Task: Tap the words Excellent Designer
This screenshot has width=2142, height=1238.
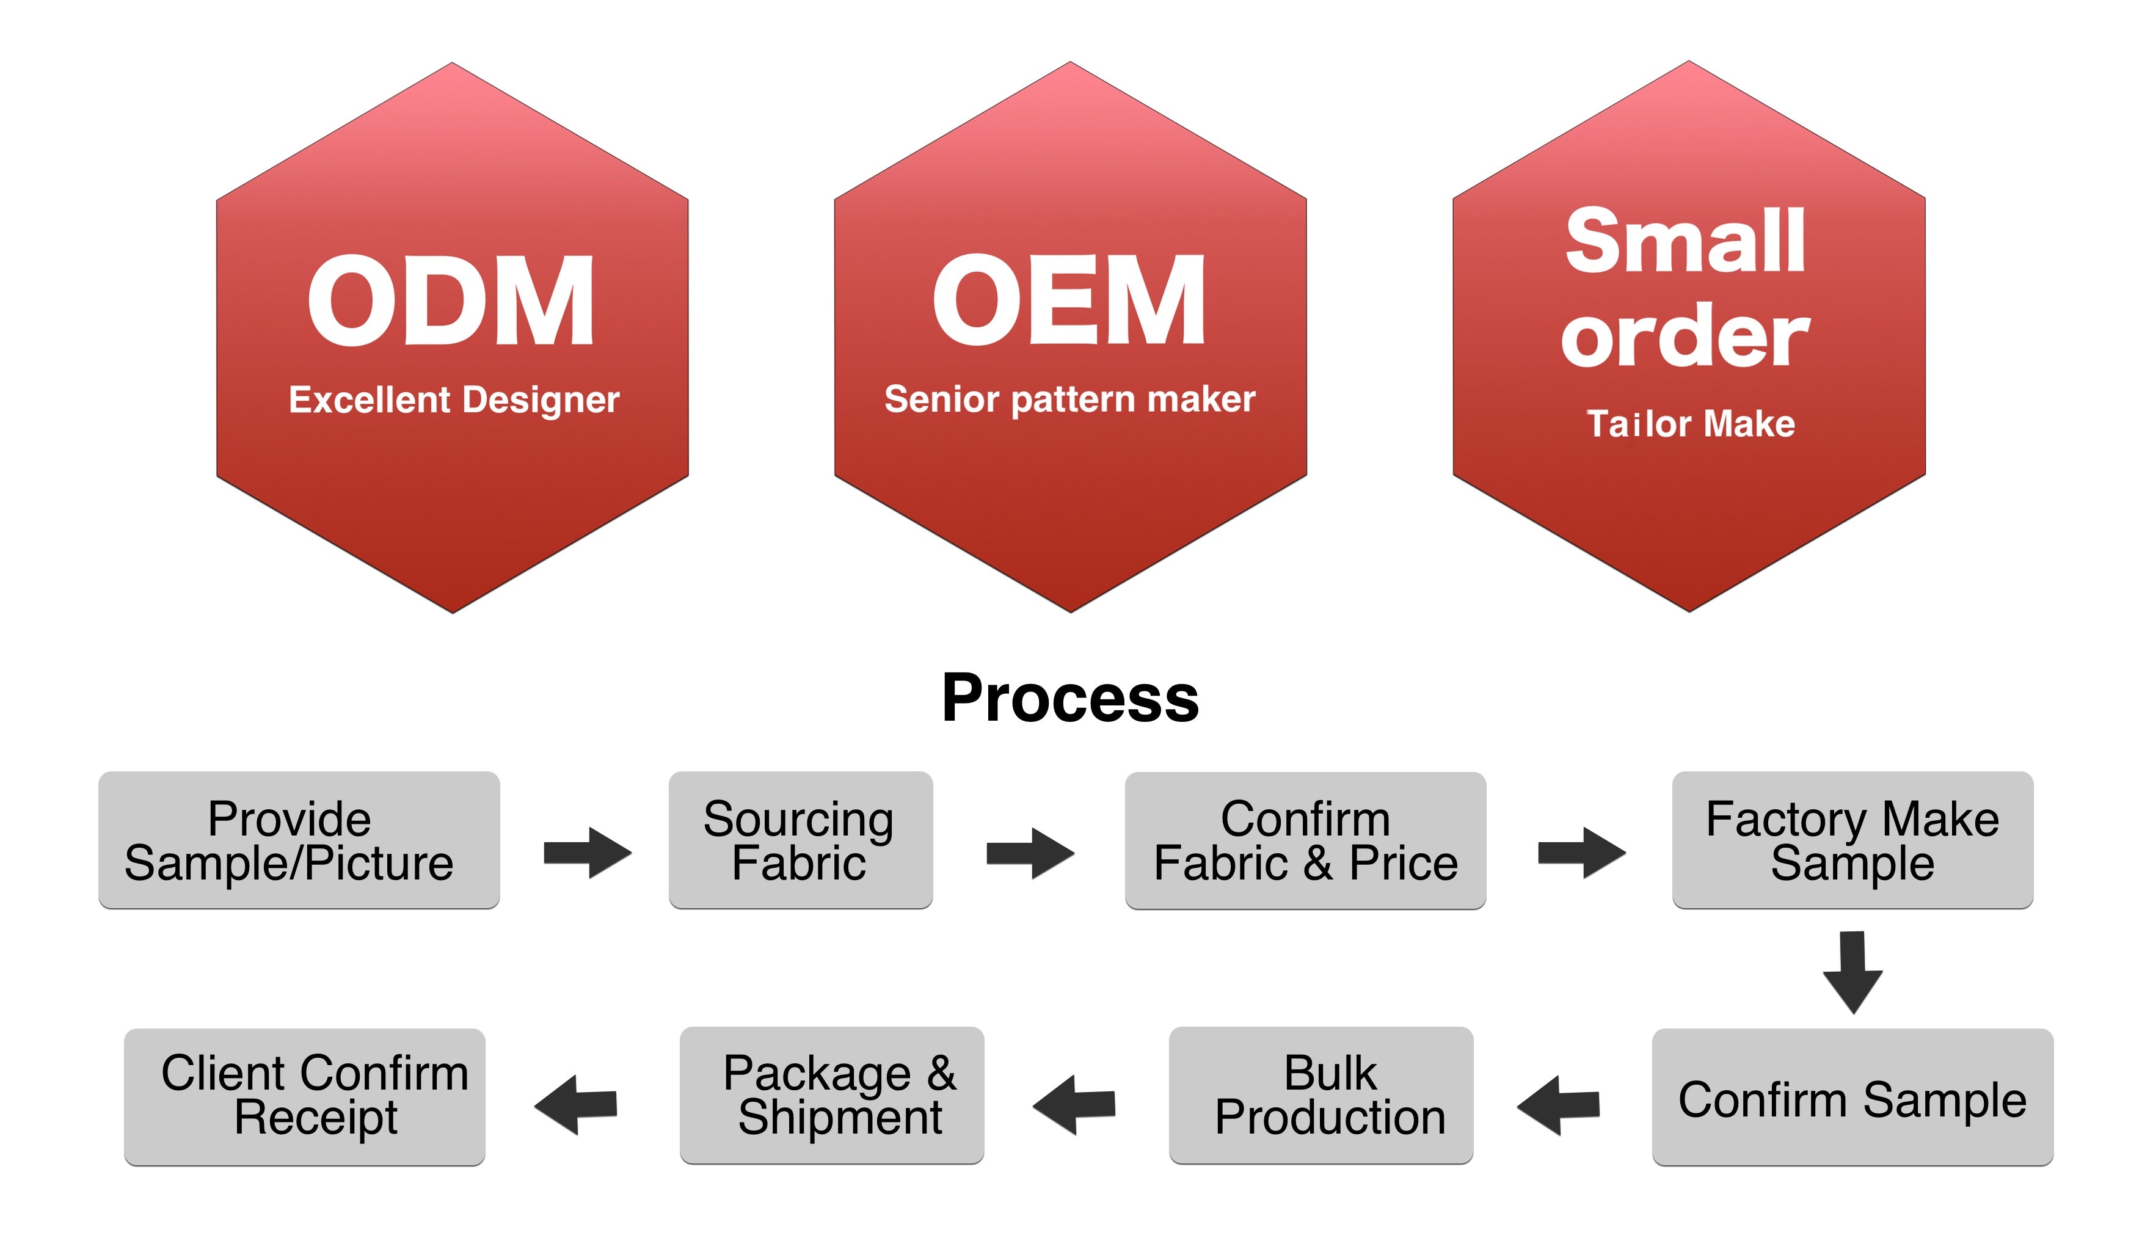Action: click(x=454, y=399)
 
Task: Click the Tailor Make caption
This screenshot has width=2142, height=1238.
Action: click(x=1690, y=423)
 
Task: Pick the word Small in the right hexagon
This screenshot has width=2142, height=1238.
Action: click(x=1686, y=241)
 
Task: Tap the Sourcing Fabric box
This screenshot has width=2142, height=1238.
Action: click(x=800, y=840)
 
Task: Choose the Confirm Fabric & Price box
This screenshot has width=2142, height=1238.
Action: click(x=1305, y=840)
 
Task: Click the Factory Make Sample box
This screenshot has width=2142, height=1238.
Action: click(x=1852, y=840)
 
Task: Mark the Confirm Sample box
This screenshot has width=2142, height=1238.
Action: click(x=1852, y=1098)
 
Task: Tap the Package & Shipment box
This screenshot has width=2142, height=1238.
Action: click(x=831, y=1094)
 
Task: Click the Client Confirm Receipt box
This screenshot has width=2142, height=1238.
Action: click(x=304, y=1096)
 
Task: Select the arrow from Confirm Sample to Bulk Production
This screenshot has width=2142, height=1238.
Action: click(x=1558, y=1105)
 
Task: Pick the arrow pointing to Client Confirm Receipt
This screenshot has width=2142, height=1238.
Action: click(x=575, y=1104)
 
